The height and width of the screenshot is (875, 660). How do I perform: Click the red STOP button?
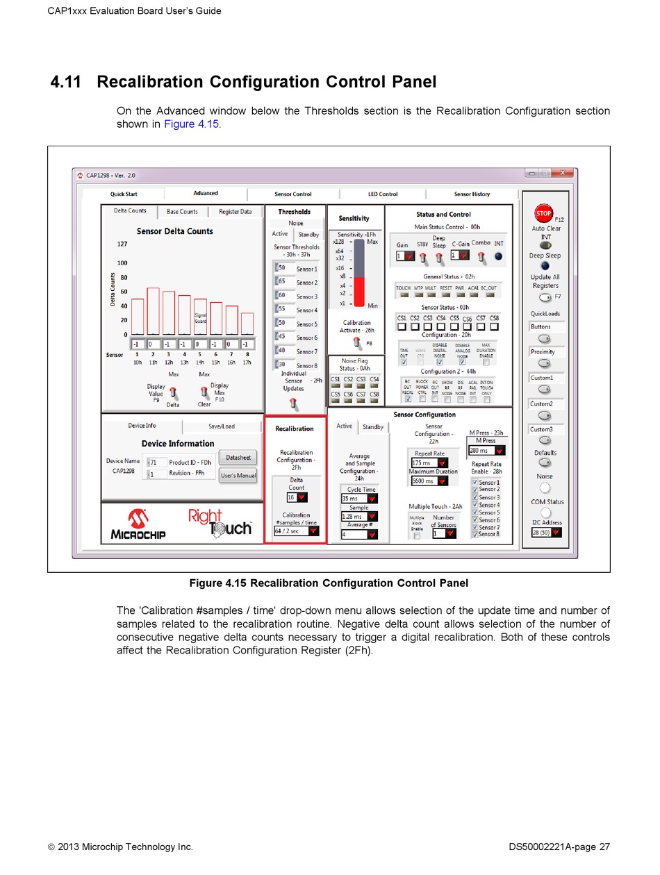coord(543,214)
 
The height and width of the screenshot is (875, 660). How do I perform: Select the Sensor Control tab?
coord(292,194)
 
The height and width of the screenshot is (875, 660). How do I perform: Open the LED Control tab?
coord(383,194)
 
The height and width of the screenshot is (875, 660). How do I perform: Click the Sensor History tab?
coord(472,194)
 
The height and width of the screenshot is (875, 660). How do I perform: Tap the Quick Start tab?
coord(124,194)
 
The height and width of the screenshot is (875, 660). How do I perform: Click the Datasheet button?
coord(238,457)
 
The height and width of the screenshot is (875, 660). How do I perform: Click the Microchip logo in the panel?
coord(137,524)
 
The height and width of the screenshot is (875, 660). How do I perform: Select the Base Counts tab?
coord(182,212)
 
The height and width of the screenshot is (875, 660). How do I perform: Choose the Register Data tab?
coord(235,212)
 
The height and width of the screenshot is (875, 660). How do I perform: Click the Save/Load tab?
coord(222,426)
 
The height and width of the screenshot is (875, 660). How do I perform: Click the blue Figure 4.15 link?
coord(191,124)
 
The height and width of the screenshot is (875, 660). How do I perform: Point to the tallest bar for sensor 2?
coord(153,311)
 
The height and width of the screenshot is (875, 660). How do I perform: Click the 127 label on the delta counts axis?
coord(122,244)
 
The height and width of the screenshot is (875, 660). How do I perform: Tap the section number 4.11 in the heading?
coord(67,82)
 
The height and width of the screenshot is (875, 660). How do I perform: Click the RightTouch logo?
coord(220,522)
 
